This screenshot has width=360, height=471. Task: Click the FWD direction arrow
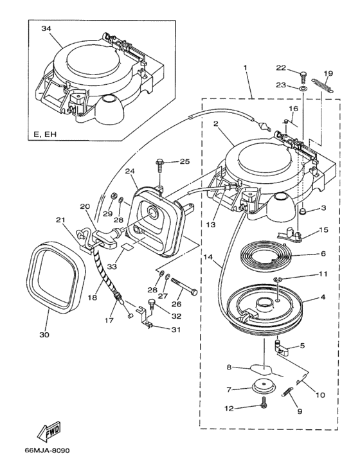click(49, 432)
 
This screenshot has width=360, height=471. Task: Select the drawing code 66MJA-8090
click(47, 450)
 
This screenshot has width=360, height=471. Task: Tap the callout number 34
click(46, 28)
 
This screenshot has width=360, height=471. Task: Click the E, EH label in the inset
click(45, 134)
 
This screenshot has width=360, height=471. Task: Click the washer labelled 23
click(303, 89)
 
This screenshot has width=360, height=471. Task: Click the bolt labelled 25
click(159, 165)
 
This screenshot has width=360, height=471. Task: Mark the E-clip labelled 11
click(277, 280)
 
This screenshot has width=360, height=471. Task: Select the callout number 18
click(93, 298)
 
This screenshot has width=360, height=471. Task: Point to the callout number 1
click(245, 68)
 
